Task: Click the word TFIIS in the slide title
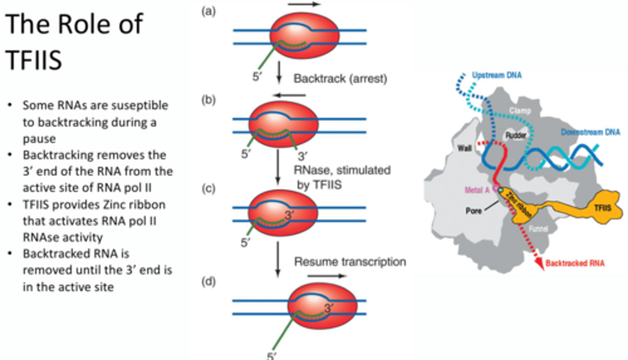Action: click(x=34, y=61)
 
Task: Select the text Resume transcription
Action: click(x=350, y=262)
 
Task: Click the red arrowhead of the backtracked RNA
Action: click(x=541, y=265)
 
